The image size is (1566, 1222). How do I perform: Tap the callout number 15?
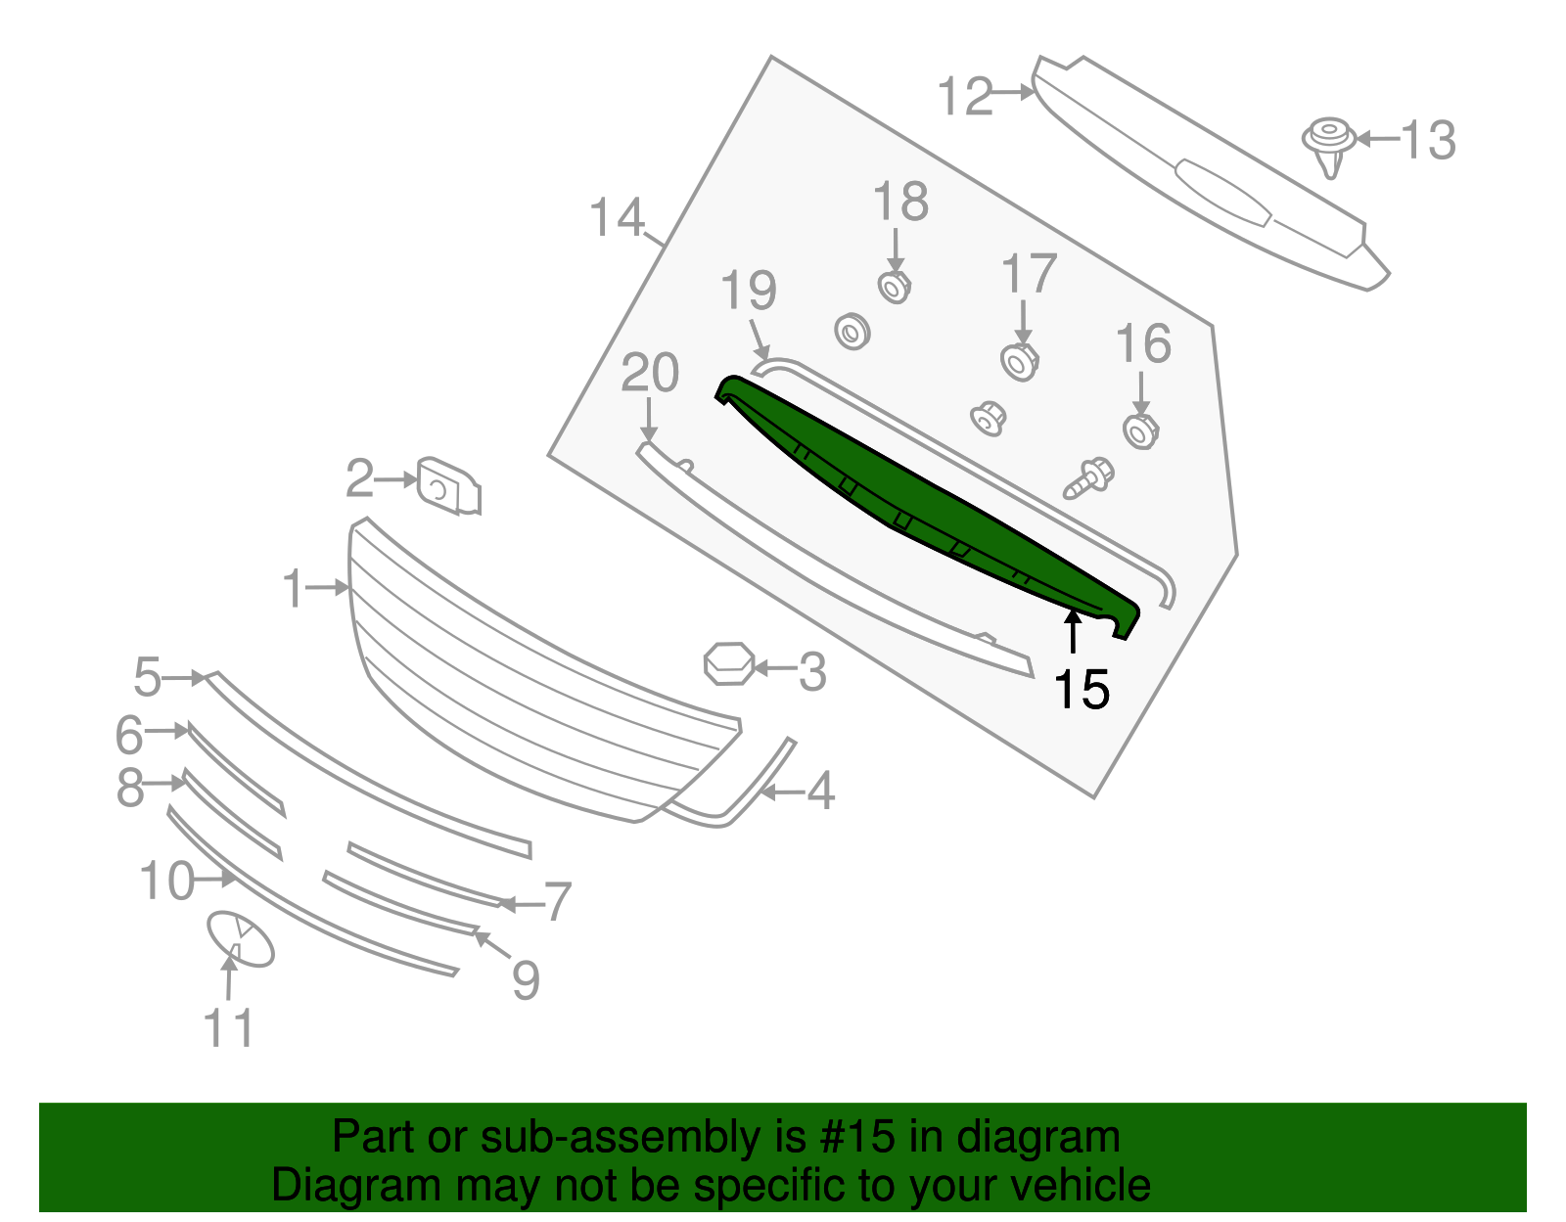1081,690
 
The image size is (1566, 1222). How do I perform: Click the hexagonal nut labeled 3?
729,663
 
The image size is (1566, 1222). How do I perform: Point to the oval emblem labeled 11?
240,939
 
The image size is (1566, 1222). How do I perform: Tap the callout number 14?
617,217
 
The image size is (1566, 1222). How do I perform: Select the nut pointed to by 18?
894,287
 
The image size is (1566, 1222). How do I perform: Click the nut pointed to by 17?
1020,362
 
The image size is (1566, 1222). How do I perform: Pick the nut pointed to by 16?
1140,430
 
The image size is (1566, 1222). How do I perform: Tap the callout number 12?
965,97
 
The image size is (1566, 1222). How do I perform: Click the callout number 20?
650,374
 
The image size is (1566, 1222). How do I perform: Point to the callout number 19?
749,291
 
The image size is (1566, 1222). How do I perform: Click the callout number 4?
820,791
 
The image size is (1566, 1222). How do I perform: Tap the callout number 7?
557,901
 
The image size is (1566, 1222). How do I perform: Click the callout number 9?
526,979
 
